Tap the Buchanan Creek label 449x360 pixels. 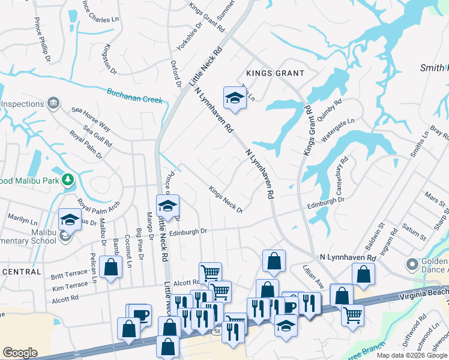(135, 95)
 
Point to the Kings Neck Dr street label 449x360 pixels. (225, 199)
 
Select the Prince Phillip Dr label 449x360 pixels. (41, 43)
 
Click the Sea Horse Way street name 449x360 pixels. (91, 119)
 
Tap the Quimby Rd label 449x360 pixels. (330, 110)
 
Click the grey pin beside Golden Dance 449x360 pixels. (411, 264)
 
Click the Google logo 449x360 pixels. (20, 353)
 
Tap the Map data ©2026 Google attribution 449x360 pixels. (411, 355)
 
